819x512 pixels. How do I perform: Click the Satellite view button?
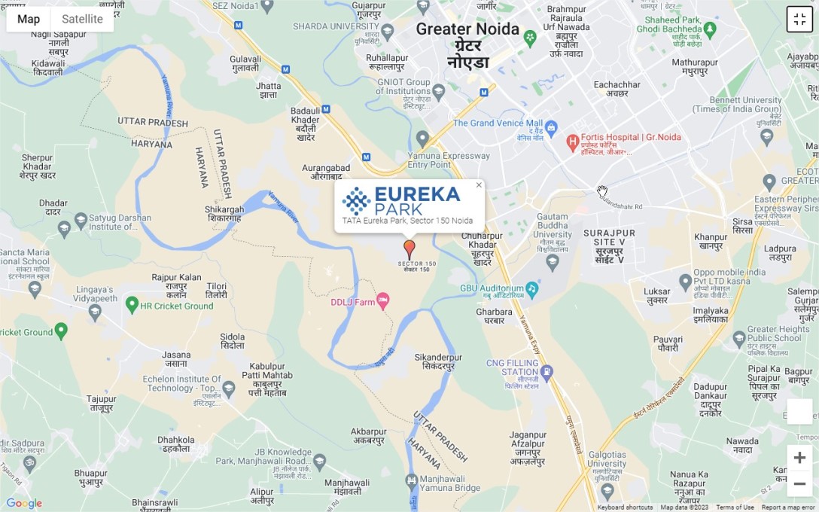pyautogui.click(x=82, y=19)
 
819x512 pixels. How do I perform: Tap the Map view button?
pyautogui.click(x=29, y=19)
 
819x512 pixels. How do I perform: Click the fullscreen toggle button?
pyautogui.click(x=799, y=19)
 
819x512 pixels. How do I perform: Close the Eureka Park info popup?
pyautogui.click(x=479, y=185)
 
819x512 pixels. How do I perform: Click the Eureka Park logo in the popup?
pyautogui.click(x=400, y=201)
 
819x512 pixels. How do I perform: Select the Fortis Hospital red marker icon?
pyautogui.click(x=572, y=141)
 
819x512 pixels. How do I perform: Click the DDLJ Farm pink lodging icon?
pyautogui.click(x=383, y=301)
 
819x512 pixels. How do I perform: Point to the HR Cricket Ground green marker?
pyautogui.click(x=132, y=305)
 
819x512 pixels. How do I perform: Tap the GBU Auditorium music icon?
pyautogui.click(x=532, y=288)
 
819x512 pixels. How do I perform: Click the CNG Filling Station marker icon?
pyautogui.click(x=547, y=372)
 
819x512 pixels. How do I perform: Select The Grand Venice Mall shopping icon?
pyautogui.click(x=551, y=126)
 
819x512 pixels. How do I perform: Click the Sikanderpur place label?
pyautogui.click(x=438, y=361)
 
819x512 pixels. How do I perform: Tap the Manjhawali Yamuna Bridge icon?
pyautogui.click(x=411, y=480)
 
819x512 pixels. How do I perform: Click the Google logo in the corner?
pyautogui.click(x=24, y=503)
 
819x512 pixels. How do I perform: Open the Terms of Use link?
pyautogui.click(x=735, y=507)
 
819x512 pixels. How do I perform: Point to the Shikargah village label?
pyautogui.click(x=224, y=214)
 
